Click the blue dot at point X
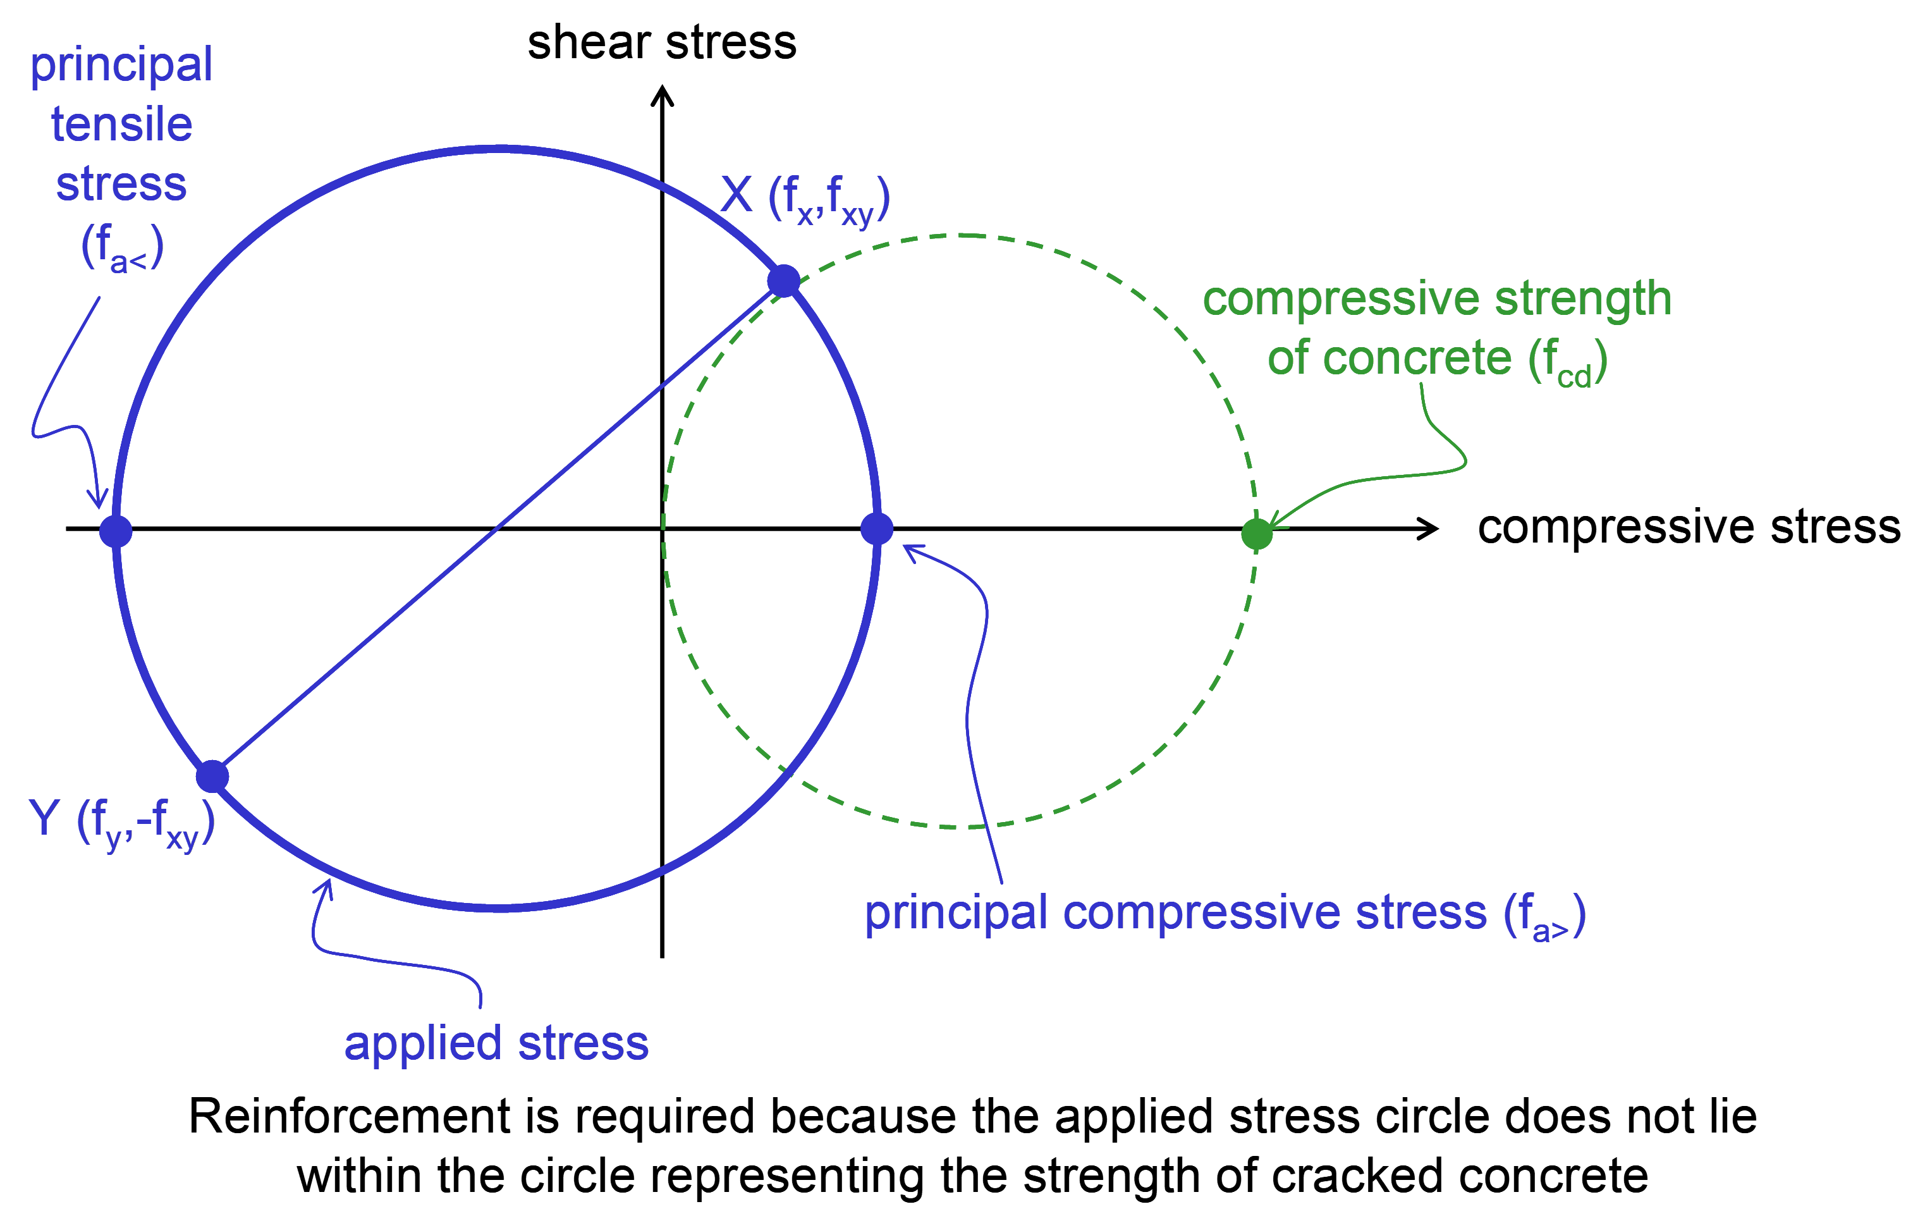point(783,281)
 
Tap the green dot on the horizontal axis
point(1257,534)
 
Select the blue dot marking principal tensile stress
point(116,530)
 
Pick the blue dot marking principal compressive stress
point(877,529)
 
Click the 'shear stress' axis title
point(662,42)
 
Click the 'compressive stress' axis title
point(1689,527)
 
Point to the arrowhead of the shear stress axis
point(662,87)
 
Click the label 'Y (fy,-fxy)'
point(121,823)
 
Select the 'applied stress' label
point(496,1043)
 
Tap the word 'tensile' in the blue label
point(121,125)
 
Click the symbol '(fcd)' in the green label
point(1568,361)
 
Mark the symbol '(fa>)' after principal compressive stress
point(1544,916)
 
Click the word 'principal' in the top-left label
point(121,66)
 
